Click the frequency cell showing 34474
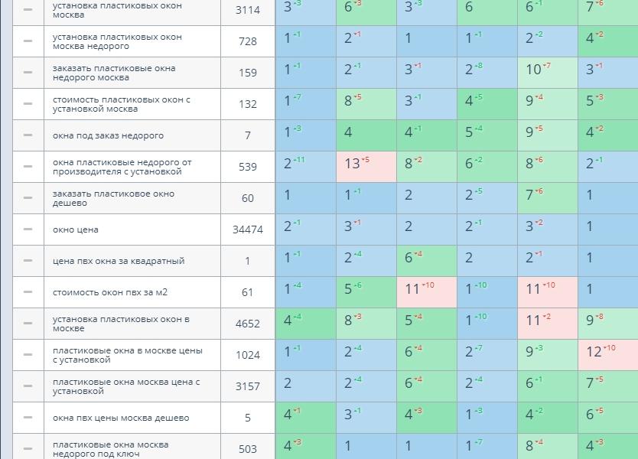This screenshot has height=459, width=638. pos(247,229)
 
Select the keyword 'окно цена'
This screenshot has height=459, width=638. pos(76,229)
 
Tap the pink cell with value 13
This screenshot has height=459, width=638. pos(366,167)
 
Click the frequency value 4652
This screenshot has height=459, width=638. pos(247,324)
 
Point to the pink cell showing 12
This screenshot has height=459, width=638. pos(607,355)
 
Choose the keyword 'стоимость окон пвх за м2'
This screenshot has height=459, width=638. pos(110,292)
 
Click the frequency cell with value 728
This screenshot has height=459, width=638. pos(247,41)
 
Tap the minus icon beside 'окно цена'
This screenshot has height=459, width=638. pos(28,229)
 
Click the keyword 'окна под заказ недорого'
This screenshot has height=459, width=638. pos(108,135)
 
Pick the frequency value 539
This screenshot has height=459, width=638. pos(247,167)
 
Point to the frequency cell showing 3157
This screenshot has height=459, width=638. pos(247,386)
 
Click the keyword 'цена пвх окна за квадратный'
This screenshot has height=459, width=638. pos(119,261)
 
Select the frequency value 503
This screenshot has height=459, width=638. pos(247,449)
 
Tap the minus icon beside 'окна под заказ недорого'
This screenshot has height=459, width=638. pos(28,135)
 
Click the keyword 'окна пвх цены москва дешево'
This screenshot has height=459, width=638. pos(121,418)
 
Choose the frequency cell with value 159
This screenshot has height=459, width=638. pos(247,73)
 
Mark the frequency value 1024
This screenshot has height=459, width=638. pos(247,355)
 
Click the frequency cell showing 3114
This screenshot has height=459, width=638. pos(247,10)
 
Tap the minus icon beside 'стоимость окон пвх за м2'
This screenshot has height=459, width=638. pos(28,292)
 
